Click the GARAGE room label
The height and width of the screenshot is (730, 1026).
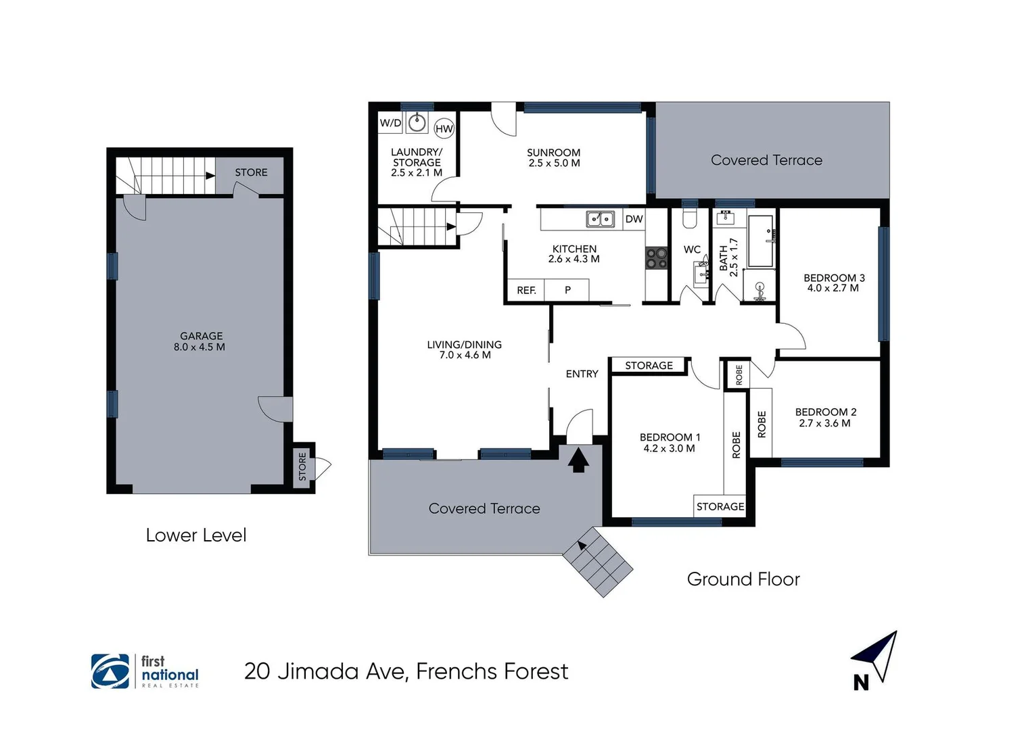pyautogui.click(x=201, y=336)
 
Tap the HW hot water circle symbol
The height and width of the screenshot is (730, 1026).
pyautogui.click(x=444, y=128)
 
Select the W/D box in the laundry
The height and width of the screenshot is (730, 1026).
pyautogui.click(x=390, y=123)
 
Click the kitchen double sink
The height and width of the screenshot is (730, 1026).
pyautogui.click(x=600, y=219)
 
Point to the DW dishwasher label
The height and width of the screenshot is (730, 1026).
pyautogui.click(x=634, y=219)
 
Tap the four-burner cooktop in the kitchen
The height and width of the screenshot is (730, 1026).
pyautogui.click(x=656, y=258)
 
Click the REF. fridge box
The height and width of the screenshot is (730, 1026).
pyautogui.click(x=526, y=290)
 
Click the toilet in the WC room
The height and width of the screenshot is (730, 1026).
pyautogui.click(x=689, y=219)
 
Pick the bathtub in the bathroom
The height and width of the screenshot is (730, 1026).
pyautogui.click(x=761, y=241)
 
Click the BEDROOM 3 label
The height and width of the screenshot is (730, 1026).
pyautogui.click(x=833, y=278)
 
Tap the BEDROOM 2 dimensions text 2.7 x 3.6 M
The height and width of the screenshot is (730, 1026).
pyautogui.click(x=824, y=423)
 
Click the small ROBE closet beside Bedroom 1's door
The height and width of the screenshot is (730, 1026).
pyautogui.click(x=738, y=374)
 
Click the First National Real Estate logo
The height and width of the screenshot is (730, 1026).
pyautogui.click(x=145, y=671)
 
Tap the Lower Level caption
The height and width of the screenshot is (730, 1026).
pyautogui.click(x=196, y=535)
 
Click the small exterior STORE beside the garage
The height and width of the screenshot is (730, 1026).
pyautogui.click(x=302, y=466)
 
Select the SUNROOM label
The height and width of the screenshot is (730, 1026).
pyautogui.click(x=553, y=153)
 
